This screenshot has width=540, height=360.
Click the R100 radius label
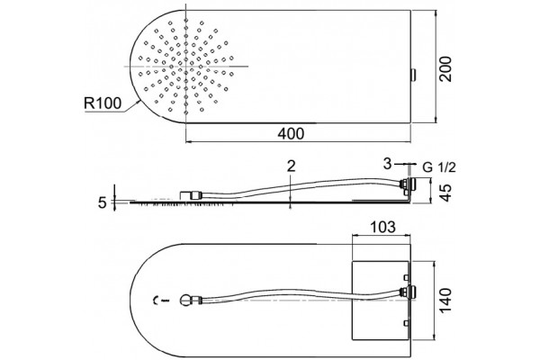point(103,103)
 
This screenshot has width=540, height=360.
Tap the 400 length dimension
point(291,134)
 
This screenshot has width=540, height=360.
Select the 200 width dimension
point(446,69)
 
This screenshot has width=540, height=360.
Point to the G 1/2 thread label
point(439,167)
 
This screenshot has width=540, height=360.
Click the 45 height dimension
point(445,193)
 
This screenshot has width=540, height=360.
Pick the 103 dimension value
point(382,227)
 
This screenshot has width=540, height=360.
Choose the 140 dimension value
point(445,301)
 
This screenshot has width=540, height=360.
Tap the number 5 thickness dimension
point(102,202)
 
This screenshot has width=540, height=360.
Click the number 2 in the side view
point(292,166)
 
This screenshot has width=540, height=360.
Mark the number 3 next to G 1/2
point(387,164)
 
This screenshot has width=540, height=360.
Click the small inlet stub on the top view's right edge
point(413,75)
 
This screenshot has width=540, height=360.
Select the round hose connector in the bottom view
point(185,300)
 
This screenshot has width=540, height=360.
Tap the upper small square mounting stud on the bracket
point(407,277)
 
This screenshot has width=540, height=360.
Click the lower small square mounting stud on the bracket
point(407,323)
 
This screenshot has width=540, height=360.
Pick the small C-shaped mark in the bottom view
point(155,301)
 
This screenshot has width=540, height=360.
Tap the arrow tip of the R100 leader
point(139,100)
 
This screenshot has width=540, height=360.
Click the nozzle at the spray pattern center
point(185,66)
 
